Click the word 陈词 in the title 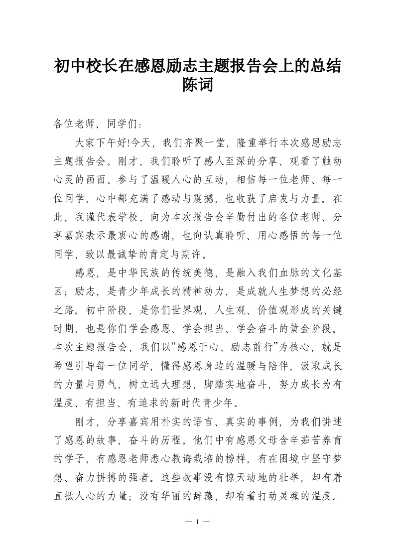point(198,85)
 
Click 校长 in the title point(103,65)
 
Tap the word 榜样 point(270,459)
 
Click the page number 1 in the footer point(198,522)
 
